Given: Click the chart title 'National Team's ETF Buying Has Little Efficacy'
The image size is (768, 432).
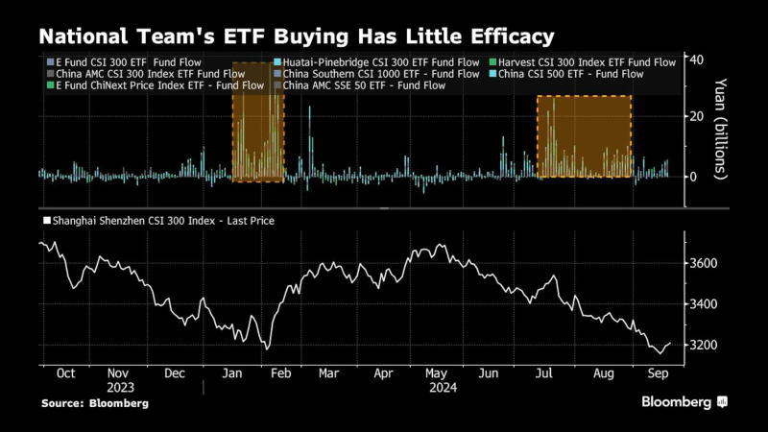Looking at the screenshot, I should (x=296, y=36).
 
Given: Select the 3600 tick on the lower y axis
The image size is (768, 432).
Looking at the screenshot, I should (x=706, y=263).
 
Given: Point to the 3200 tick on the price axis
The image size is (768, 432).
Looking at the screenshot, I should (x=706, y=346).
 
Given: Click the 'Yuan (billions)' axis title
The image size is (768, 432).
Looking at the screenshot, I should (x=722, y=131).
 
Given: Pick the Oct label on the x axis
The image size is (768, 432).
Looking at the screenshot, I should (x=65, y=372).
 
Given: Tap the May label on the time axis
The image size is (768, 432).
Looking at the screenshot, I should (x=437, y=372).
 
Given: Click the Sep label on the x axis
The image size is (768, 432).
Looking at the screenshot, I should (x=658, y=372).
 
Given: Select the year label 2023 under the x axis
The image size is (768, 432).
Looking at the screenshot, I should (x=121, y=388).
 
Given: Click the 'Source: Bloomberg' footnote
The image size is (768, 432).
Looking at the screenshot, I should (x=95, y=404).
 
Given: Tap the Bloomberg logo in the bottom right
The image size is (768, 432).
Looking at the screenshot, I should (x=684, y=402).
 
